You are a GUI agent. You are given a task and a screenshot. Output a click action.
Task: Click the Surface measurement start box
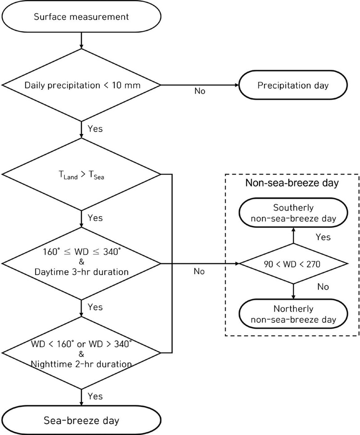click(x=81, y=17)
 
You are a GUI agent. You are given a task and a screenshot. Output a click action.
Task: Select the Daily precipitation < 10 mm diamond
click(x=81, y=85)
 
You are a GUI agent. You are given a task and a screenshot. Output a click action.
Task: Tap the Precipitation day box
click(x=294, y=85)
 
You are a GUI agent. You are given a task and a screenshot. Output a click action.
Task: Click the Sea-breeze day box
click(x=81, y=421)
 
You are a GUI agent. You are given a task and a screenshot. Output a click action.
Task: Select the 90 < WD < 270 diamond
click(x=293, y=264)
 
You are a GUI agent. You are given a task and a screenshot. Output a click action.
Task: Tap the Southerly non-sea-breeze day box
click(x=293, y=213)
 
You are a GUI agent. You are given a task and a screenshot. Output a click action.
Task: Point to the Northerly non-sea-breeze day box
click(x=293, y=314)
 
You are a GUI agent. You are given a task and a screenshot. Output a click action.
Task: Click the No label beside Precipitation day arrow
click(x=200, y=91)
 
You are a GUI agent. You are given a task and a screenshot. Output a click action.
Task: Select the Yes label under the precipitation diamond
click(x=95, y=129)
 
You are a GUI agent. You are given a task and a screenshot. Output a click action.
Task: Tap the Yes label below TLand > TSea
click(x=95, y=218)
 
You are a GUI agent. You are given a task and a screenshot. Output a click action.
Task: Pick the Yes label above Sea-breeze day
click(x=95, y=396)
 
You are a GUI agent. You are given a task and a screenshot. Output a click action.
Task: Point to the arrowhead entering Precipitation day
click(x=238, y=85)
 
